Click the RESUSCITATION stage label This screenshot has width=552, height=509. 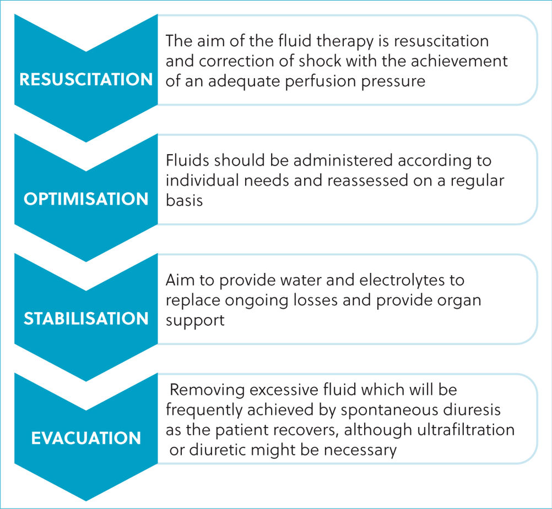pyautogui.click(x=86, y=79)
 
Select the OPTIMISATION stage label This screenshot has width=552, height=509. pyautogui.click(x=86, y=199)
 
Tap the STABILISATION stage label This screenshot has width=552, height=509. pyautogui.click(x=86, y=319)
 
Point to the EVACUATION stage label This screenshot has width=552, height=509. pyautogui.click(x=86, y=438)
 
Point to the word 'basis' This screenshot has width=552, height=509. pyautogui.click(x=184, y=200)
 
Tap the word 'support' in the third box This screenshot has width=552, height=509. pyautogui.click(x=195, y=321)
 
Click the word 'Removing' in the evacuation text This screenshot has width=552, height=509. pyautogui.click(x=207, y=390)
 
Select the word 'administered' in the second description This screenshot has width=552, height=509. pyautogui.click(x=343, y=160)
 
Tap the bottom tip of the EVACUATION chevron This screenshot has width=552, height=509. pyautogui.click(x=86, y=501)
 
